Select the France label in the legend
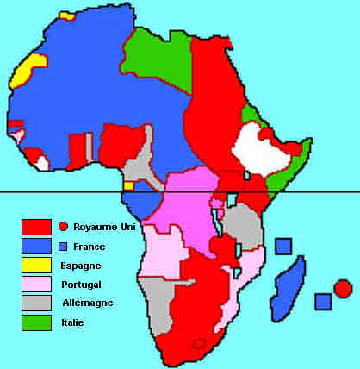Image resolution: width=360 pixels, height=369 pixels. coord(90,247)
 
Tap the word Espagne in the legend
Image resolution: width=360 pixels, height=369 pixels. coord(85,266)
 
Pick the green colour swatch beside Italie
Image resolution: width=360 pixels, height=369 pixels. coord(36,322)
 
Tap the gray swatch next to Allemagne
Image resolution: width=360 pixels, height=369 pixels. coord(36,303)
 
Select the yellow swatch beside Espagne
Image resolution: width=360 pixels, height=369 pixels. coord(36,266)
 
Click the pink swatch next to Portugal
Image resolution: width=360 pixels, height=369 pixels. coord(36,285)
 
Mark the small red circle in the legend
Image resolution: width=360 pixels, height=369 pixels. coord(64,227)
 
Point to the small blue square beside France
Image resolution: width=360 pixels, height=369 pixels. coord(63,247)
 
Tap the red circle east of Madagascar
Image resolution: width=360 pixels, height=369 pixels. coord(342,288)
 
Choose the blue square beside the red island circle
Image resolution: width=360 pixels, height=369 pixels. coord(323,302)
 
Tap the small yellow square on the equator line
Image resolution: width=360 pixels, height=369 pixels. coord(128,185)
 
